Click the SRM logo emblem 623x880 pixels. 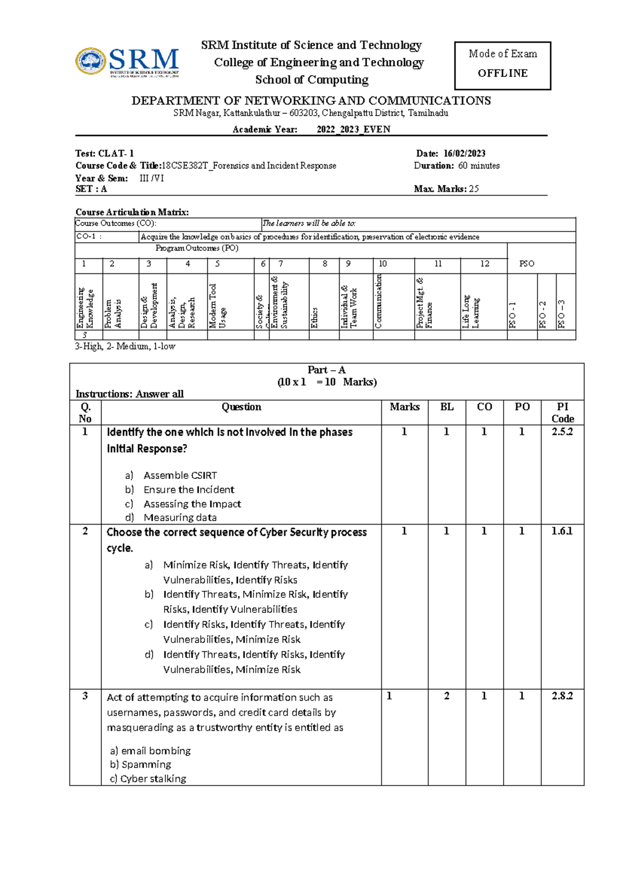coord(91,61)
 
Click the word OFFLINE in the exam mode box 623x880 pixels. coord(502,73)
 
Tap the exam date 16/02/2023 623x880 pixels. coord(464,153)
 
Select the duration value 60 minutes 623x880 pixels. coord(479,166)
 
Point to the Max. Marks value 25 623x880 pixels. coord(473,189)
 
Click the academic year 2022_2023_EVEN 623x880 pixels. coord(353,129)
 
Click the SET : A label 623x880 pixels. coord(91,189)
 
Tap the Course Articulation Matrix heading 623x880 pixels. coord(132,212)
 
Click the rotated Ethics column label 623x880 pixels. coord(314,318)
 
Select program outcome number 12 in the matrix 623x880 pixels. coord(484,264)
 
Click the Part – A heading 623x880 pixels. coord(326,370)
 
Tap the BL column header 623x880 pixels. coord(446,407)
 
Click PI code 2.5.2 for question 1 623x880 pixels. coord(562,432)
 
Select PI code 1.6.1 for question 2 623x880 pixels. coord(562,531)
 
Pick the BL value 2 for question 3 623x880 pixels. coord(446,696)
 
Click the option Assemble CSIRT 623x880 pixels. coord(180,475)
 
